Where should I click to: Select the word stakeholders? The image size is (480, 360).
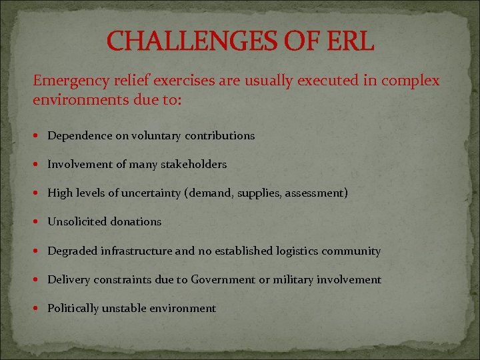[193, 164]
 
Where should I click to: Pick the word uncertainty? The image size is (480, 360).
[153, 193]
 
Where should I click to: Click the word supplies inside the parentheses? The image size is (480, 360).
[263, 193]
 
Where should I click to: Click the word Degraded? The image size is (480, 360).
[73, 251]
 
